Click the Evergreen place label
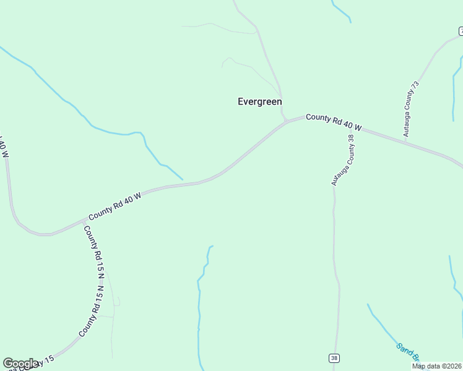tap(260, 102)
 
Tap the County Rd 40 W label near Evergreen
tap(333, 122)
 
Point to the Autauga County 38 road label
tap(344, 160)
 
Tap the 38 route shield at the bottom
tap(334, 358)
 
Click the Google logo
tap(21, 364)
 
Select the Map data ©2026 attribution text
tap(436, 366)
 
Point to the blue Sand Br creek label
tap(408, 352)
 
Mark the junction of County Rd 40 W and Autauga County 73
tap(405, 143)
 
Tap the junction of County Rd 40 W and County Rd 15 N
tap(85, 220)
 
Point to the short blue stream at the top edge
tap(341, 12)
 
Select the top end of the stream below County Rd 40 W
tap(211, 246)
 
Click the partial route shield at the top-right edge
tap(461, 30)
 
